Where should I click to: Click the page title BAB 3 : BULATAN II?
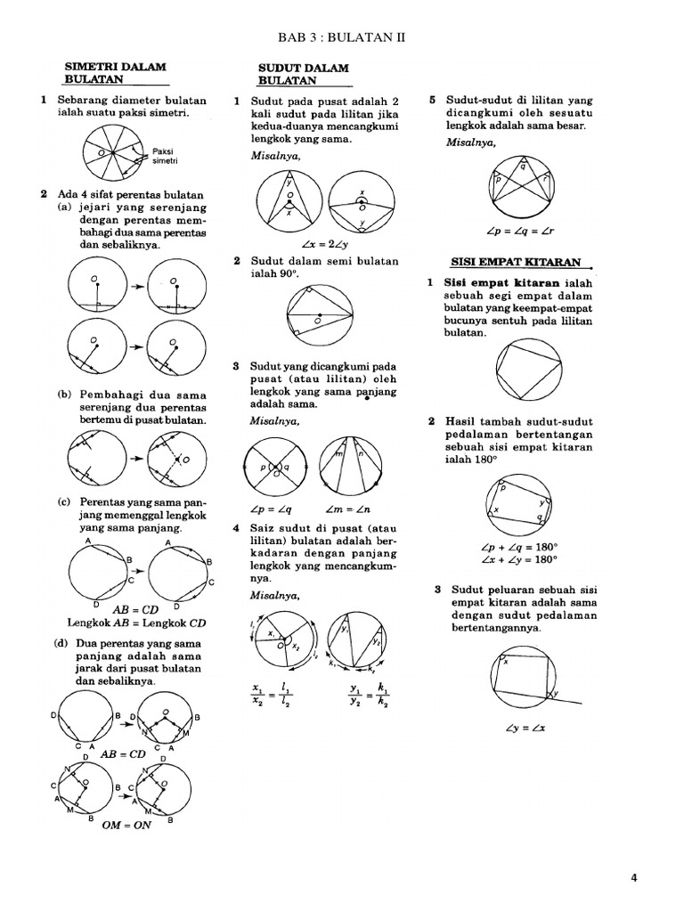coord(342,37)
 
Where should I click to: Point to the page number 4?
coord(634,877)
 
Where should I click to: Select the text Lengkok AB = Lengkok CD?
coord(137,623)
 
